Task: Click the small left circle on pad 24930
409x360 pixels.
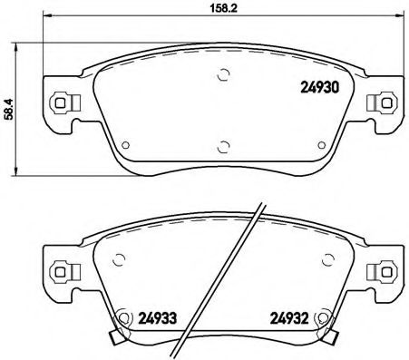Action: pyautogui.click(x=124, y=142)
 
